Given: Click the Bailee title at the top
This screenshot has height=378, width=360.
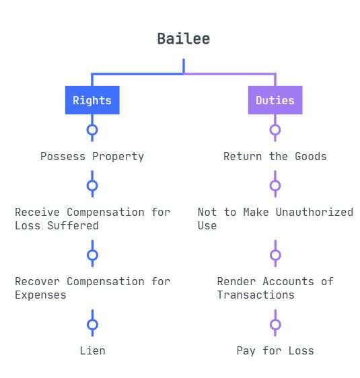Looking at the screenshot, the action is coord(184,39).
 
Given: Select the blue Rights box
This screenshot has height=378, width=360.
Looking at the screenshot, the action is coord(92,100).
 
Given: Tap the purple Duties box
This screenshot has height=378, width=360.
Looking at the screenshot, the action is coord(275,100).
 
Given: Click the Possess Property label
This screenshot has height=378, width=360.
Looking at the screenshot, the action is coord(92,157).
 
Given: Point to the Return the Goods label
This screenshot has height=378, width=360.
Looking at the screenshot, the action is coord(275,156).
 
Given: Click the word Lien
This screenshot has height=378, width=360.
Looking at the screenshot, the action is coord(92,350).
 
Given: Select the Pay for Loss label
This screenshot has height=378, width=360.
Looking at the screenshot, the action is coord(275,351).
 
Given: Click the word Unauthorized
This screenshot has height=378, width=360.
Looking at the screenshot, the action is coord(314,212).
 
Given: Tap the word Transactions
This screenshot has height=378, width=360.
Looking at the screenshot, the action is coord(256,295).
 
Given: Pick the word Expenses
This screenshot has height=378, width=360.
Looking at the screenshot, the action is coord(40,295).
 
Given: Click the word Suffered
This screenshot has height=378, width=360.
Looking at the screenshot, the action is coord(73,225).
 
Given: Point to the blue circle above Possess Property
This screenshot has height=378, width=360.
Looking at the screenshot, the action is coord(92,130).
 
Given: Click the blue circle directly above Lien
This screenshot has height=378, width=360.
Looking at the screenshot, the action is coord(92,324).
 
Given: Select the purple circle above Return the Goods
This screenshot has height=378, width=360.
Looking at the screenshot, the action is coord(275,130).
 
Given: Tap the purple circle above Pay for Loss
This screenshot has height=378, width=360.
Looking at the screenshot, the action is coord(275,324).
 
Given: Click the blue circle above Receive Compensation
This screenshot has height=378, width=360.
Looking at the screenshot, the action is coord(92,186).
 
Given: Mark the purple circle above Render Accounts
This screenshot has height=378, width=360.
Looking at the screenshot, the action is coord(275,255).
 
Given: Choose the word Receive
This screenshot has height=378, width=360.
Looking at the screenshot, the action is coord(38,212).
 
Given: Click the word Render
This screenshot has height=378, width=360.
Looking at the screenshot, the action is coord(237,282).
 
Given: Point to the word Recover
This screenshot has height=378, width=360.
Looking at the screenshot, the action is coord(38,282).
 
